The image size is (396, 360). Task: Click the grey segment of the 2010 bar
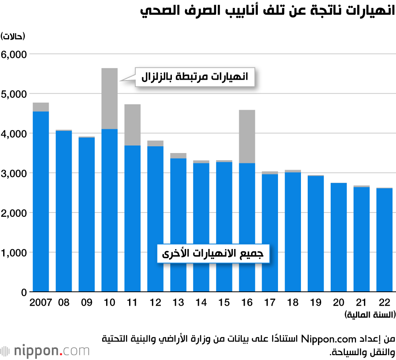pyautogui.click(x=109, y=98)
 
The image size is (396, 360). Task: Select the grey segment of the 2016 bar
pyautogui.click(x=247, y=136)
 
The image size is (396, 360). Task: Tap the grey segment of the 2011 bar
pyautogui.click(x=132, y=124)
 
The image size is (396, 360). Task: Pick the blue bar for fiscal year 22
pyautogui.click(x=384, y=240)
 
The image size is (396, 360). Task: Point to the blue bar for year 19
pyautogui.click(x=316, y=234)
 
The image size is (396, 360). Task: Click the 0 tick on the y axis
pyautogui.click(x=24, y=292)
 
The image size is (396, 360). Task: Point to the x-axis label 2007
pyautogui.click(x=41, y=303)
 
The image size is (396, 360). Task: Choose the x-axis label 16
pyautogui.click(x=247, y=303)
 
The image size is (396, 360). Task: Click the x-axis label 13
pyautogui.click(x=178, y=303)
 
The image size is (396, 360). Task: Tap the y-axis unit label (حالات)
pyautogui.click(x=13, y=36)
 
